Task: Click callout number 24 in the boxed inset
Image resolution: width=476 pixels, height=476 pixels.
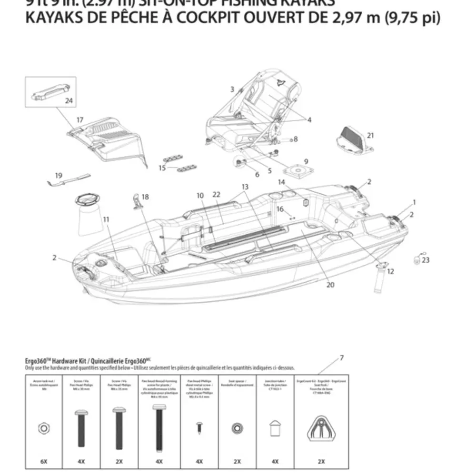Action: (x=69, y=100)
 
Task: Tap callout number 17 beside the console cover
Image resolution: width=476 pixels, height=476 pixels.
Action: (x=79, y=120)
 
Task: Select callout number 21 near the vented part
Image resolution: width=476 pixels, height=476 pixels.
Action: (x=370, y=135)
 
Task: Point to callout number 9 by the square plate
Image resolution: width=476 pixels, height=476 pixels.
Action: (x=306, y=161)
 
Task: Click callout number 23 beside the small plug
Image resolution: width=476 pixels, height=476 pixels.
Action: (x=426, y=260)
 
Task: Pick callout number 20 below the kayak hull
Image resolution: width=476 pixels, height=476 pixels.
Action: (x=330, y=285)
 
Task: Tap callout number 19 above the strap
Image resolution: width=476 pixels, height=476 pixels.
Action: (x=59, y=176)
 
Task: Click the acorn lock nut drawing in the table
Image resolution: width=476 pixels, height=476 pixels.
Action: (x=43, y=427)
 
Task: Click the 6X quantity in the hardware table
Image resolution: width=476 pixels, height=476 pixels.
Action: (x=43, y=461)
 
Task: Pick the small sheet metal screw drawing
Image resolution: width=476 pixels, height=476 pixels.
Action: (x=199, y=427)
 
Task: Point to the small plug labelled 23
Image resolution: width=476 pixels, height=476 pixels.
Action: (x=417, y=259)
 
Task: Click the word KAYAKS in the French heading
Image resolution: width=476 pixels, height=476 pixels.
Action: (x=58, y=18)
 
